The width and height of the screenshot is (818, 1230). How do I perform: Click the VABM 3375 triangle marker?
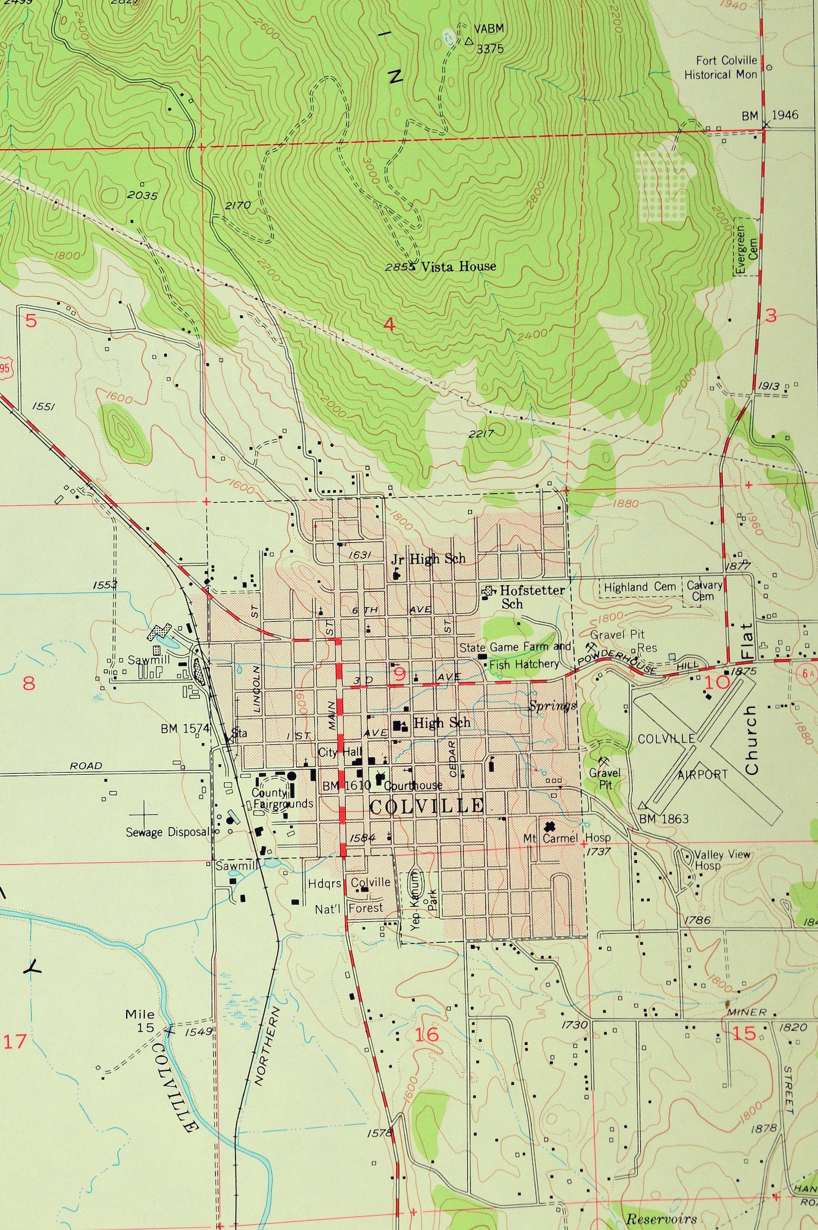(x=468, y=40)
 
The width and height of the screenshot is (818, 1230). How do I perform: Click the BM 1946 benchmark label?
(x=770, y=115)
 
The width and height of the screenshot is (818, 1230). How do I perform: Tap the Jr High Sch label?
(x=428, y=559)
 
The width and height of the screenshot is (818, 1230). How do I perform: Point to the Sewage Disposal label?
(x=167, y=831)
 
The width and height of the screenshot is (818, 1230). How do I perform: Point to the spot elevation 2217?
(x=481, y=433)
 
